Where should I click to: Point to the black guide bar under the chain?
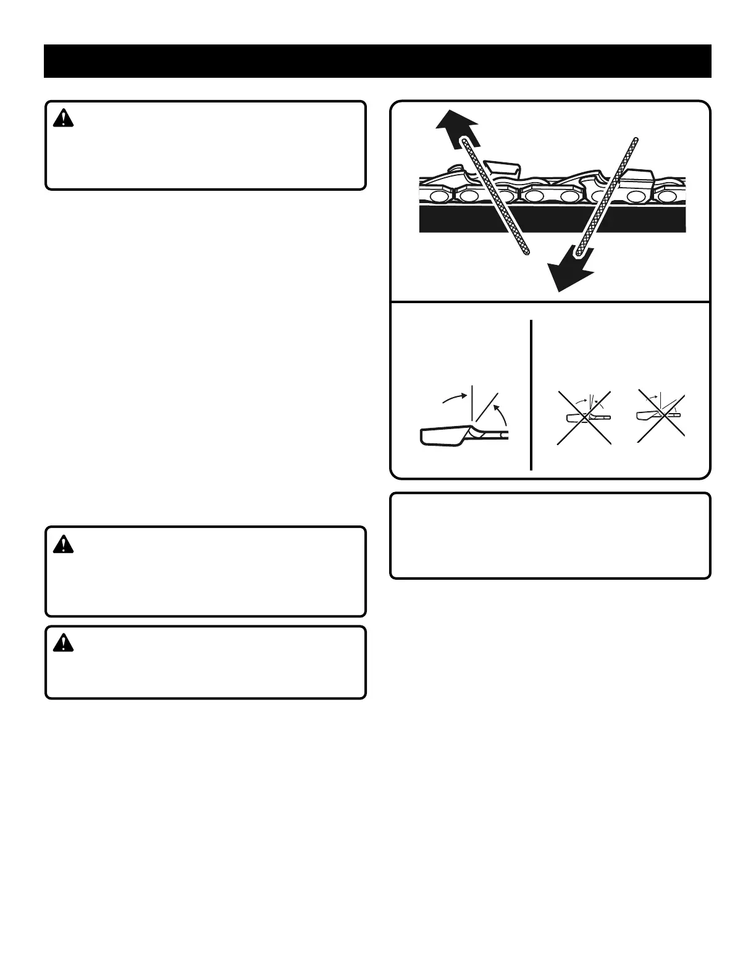coord(552,219)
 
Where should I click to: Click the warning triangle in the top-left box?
coord(63,119)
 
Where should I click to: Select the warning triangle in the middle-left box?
coord(63,545)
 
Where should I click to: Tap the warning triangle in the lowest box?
coord(63,643)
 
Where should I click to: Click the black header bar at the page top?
coord(377,61)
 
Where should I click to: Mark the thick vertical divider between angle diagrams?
coord(531,395)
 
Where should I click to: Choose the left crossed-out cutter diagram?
coord(584,417)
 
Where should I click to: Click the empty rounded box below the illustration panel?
coord(550,535)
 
